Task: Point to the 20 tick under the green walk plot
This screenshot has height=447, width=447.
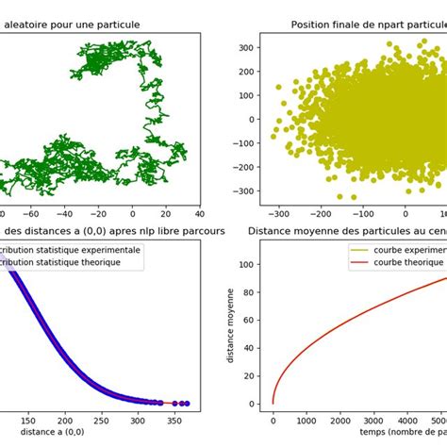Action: (166, 213)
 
